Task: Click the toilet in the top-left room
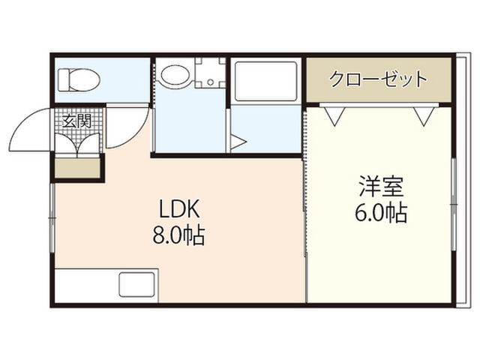[79, 80]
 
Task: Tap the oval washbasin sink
[175, 75]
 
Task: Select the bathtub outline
[265, 82]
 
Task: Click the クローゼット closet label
[378, 79]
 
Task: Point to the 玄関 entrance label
[76, 121]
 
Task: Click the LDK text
[178, 208]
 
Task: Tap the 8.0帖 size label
[178, 235]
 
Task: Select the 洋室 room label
[381, 186]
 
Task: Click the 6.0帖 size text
[381, 212]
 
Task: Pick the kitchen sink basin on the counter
[136, 284]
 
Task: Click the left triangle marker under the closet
[334, 116]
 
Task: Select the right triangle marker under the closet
[424, 116]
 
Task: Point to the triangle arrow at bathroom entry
[238, 142]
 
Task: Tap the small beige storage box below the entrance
[78, 168]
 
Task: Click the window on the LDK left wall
[52, 218]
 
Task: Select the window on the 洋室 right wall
[454, 205]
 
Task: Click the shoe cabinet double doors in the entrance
[79, 143]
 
